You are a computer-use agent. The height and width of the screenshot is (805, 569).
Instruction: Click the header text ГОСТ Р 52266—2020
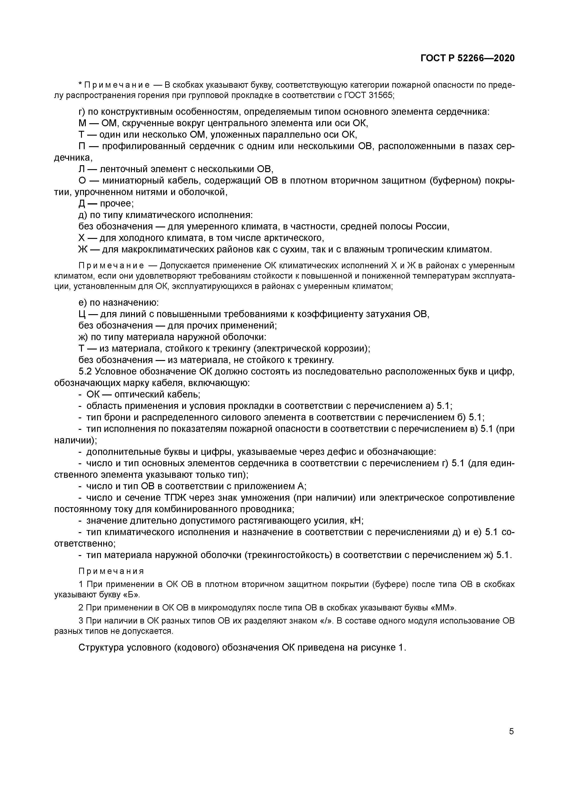[x=467, y=58]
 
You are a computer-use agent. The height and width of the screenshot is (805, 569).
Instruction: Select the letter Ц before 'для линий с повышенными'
[x=82, y=314]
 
